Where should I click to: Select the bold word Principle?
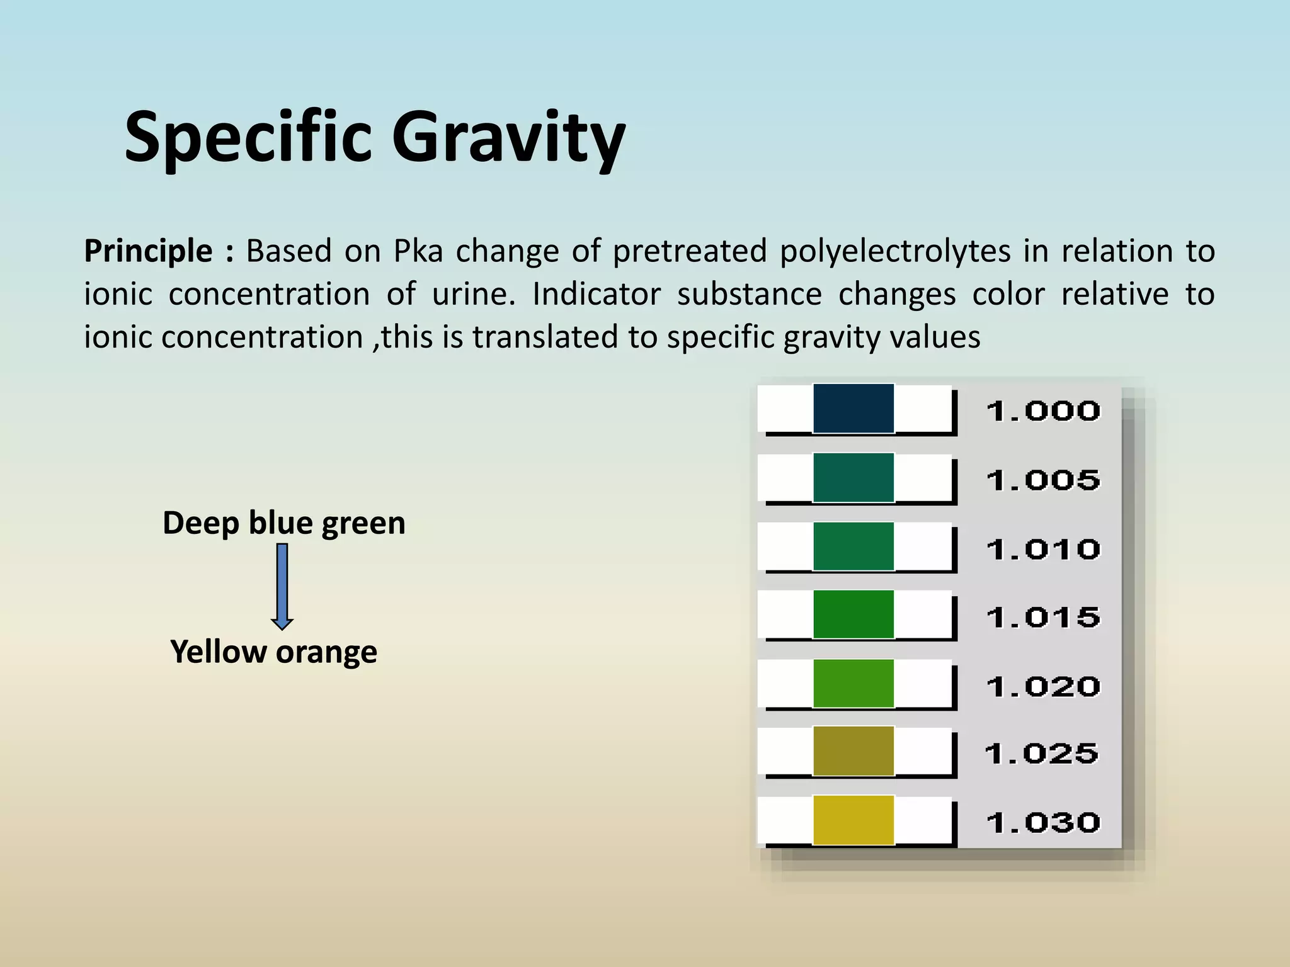(x=149, y=251)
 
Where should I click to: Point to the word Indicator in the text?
(x=596, y=294)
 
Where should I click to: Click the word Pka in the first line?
(x=418, y=251)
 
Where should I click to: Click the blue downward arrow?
(x=282, y=586)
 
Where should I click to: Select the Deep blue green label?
(x=284, y=523)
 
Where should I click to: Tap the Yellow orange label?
(x=274, y=652)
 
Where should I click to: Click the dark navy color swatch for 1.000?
(x=853, y=409)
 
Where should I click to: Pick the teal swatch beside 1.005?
(x=853, y=477)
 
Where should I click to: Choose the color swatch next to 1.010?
(x=853, y=546)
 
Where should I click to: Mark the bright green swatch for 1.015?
(x=853, y=614)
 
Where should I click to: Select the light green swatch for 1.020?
(x=853, y=683)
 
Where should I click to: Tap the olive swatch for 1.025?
(x=853, y=750)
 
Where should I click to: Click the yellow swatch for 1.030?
(x=853, y=820)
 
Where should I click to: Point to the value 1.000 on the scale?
(x=1043, y=412)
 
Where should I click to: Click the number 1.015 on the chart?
(x=1043, y=618)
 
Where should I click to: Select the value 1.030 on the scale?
(x=1043, y=823)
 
